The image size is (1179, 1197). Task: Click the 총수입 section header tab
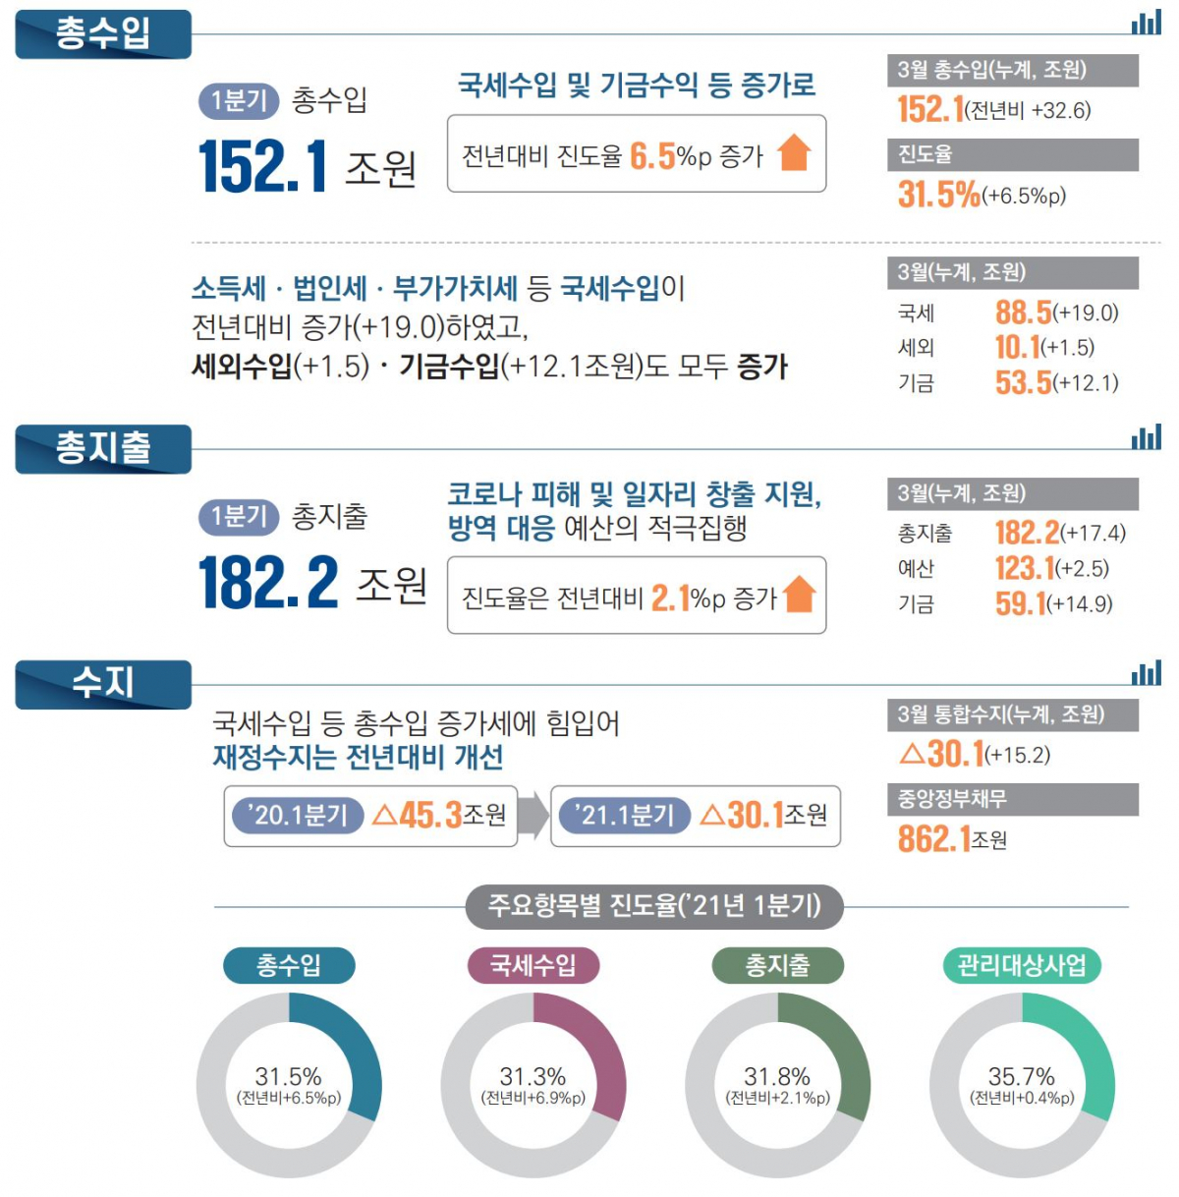(x=103, y=34)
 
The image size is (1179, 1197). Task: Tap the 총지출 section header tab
(x=103, y=449)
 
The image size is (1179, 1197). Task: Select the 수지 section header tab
(x=103, y=683)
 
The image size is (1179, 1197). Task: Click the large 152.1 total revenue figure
(x=262, y=166)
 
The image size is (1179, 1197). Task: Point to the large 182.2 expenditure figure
(x=268, y=583)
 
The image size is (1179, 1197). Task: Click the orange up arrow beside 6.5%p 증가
(x=794, y=153)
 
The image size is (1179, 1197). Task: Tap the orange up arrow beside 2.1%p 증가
(x=800, y=595)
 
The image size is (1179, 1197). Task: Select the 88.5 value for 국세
(x=1023, y=313)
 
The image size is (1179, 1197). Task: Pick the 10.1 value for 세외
(x=1017, y=347)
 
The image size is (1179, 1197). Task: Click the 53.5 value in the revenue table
(x=1023, y=382)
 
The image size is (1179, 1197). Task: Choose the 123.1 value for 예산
(x=1024, y=568)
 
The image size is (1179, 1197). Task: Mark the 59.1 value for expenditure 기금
(x=1020, y=603)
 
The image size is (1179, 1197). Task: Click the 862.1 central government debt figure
(x=933, y=838)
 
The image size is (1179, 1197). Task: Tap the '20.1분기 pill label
(x=298, y=815)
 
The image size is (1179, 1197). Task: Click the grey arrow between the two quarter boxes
(x=533, y=816)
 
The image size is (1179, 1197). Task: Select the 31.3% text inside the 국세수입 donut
(x=533, y=1076)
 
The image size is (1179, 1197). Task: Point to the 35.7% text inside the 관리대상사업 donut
(x=1022, y=1076)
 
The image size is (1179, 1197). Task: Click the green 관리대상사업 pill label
(x=1022, y=965)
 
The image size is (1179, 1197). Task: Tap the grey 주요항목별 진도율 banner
(x=653, y=905)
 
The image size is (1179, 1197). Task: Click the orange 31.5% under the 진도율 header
(x=938, y=195)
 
